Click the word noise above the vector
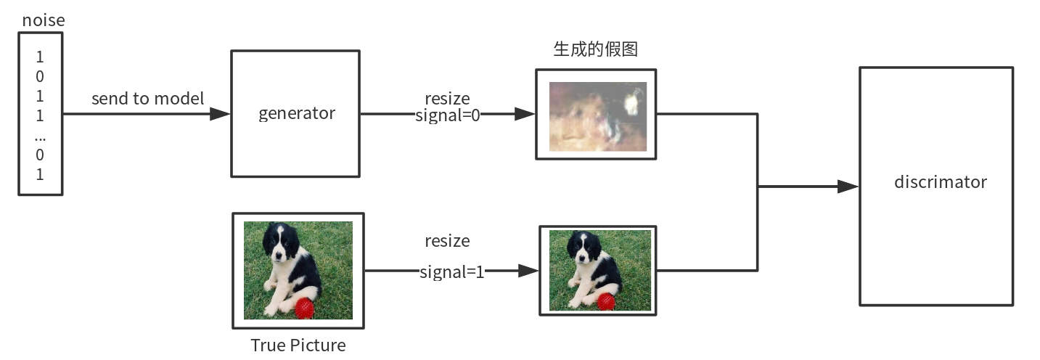tap(44, 20)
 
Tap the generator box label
tap(297, 113)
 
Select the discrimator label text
tap(940, 181)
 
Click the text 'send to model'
tap(148, 99)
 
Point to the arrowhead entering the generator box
tap(220, 114)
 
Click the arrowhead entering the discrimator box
tap(848, 187)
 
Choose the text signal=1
tap(451, 272)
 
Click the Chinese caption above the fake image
tap(595, 49)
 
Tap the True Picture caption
tap(298, 345)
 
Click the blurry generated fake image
tap(597, 116)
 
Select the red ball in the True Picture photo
tap(304, 308)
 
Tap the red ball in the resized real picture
tap(606, 300)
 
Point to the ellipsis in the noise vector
tap(40, 136)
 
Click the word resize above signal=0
tap(447, 98)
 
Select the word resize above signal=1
tap(447, 240)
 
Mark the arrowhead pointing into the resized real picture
tap(529, 271)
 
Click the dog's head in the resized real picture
tap(583, 247)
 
